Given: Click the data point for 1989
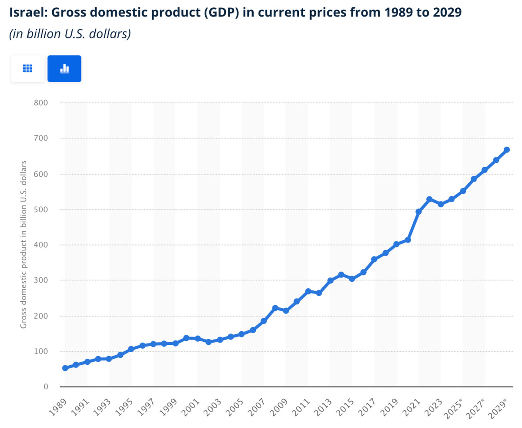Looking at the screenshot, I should [65, 368].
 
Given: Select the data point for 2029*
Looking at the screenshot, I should [507, 150].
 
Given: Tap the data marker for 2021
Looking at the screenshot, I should [418, 212].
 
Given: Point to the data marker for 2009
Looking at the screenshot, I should [286, 310].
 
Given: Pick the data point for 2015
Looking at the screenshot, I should [352, 279].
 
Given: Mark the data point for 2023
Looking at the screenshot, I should [441, 204].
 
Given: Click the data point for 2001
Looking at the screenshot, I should [197, 338].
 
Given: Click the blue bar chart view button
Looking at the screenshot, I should [64, 68].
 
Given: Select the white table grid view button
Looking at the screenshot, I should [27, 68].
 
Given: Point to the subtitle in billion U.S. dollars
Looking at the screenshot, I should [70, 34].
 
